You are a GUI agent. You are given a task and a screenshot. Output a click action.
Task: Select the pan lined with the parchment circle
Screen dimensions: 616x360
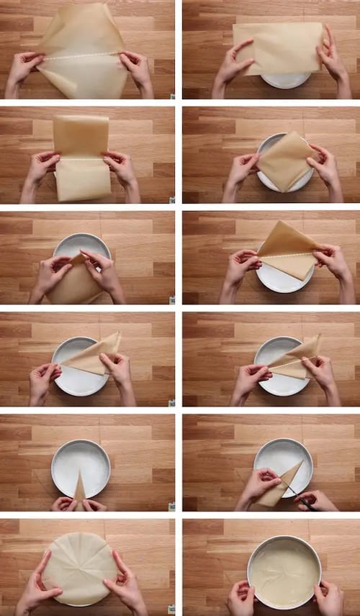(x=284, y=571)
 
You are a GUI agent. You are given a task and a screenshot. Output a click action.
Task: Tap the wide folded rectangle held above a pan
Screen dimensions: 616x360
(x=278, y=48)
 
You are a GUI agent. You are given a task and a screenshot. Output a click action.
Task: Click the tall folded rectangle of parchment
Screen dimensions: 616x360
(x=81, y=157)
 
